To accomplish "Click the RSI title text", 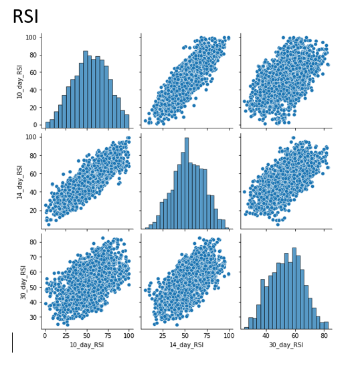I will click(25, 17).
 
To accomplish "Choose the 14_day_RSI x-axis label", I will click(186, 345).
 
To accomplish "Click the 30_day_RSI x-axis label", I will click(286, 345).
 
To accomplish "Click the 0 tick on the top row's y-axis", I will click(35, 125).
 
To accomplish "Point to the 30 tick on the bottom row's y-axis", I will click(33, 314).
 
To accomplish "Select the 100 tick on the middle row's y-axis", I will click(31, 137).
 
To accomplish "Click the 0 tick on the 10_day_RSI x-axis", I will click(45, 336).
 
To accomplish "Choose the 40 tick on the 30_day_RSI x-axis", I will click(266, 336).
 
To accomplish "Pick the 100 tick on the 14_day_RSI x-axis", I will click(229, 336).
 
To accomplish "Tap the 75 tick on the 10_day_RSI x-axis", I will click(108, 336).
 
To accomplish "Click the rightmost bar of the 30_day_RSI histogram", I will click(326, 325).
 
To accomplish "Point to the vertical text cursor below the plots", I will click(12, 342).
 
